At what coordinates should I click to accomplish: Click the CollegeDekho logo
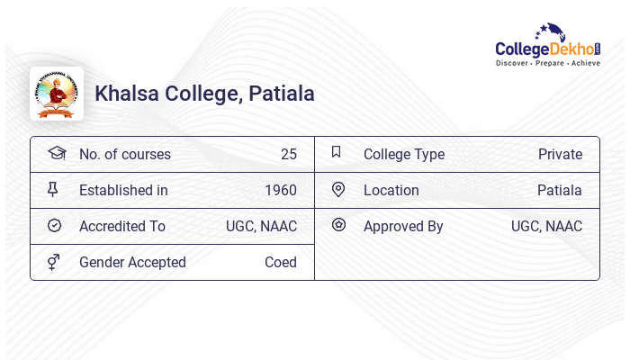[548, 46]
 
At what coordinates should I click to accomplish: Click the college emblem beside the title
[57, 94]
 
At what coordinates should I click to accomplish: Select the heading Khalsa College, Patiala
[204, 94]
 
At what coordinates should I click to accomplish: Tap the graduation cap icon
[57, 153]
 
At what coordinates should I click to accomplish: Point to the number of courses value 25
[288, 154]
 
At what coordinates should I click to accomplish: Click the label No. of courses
[125, 154]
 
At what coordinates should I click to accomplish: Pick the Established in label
[123, 190]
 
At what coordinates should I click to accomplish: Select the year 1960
[281, 190]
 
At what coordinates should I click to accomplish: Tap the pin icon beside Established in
[53, 189]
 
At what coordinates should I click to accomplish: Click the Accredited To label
[122, 226]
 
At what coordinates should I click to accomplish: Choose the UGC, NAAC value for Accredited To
[261, 226]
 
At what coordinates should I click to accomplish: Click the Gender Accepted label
[132, 262]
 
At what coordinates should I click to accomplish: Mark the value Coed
[281, 262]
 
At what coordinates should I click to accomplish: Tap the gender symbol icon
[54, 262]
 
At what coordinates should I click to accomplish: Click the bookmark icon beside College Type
[337, 152]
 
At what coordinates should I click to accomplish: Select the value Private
[560, 154]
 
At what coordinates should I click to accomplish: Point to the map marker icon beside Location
[338, 189]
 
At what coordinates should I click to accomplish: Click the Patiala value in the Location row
[560, 190]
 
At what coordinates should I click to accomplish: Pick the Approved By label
[403, 226]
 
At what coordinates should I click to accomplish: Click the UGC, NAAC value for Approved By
[546, 226]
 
